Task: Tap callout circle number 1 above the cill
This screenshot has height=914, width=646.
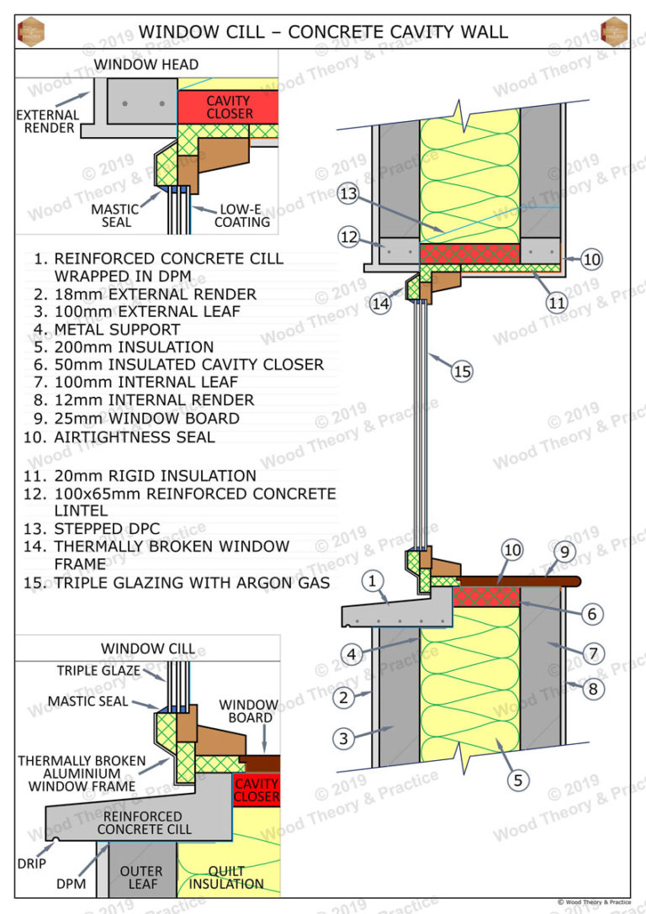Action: (373, 579)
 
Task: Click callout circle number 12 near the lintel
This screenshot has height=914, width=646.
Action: (349, 237)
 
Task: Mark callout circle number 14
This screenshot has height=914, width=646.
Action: (381, 304)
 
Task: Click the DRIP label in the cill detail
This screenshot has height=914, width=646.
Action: (32, 864)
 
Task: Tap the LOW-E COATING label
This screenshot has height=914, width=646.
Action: (242, 215)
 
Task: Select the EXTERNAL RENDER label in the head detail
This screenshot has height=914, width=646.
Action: (47, 122)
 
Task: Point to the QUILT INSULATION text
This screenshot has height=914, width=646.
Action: (226, 877)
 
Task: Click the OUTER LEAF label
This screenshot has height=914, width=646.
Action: (141, 877)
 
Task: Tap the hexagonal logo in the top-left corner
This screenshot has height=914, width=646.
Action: (31, 32)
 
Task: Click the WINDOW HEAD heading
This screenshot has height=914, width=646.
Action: (146, 64)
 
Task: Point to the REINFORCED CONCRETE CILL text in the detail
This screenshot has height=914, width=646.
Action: (144, 822)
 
